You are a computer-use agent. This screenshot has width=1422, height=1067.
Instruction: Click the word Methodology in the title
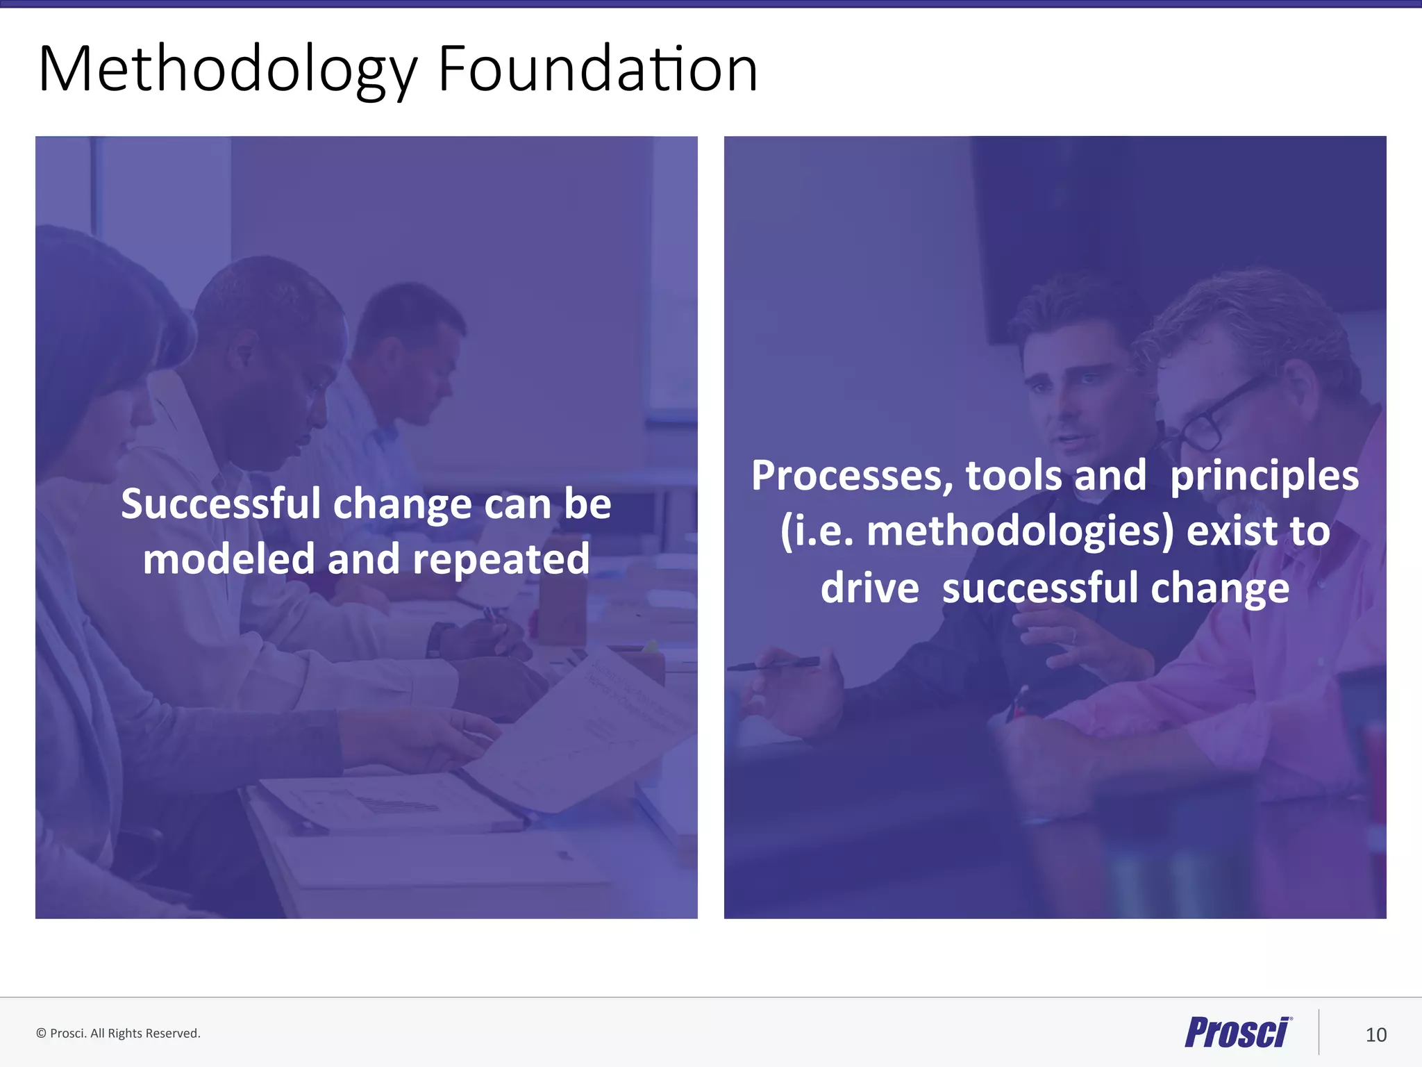(228, 69)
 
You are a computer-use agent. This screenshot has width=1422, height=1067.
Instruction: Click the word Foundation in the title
(597, 69)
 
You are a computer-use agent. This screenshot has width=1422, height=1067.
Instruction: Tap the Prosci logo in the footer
(1238, 1032)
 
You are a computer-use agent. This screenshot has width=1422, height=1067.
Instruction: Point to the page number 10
(1375, 1035)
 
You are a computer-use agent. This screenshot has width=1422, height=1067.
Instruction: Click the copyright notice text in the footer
(118, 1034)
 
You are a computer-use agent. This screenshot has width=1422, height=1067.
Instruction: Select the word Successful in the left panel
(220, 504)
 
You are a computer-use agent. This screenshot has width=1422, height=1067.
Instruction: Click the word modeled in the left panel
(228, 559)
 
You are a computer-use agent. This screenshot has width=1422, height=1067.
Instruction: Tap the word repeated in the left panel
(501, 559)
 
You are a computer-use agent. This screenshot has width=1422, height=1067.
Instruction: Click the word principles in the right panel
(1264, 477)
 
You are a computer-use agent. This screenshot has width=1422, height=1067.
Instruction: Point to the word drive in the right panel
(869, 588)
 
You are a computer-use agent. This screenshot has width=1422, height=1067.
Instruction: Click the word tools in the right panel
(1013, 477)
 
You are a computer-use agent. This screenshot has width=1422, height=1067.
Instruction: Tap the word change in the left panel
(403, 504)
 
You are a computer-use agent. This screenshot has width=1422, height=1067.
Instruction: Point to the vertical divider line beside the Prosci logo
(1319, 1032)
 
